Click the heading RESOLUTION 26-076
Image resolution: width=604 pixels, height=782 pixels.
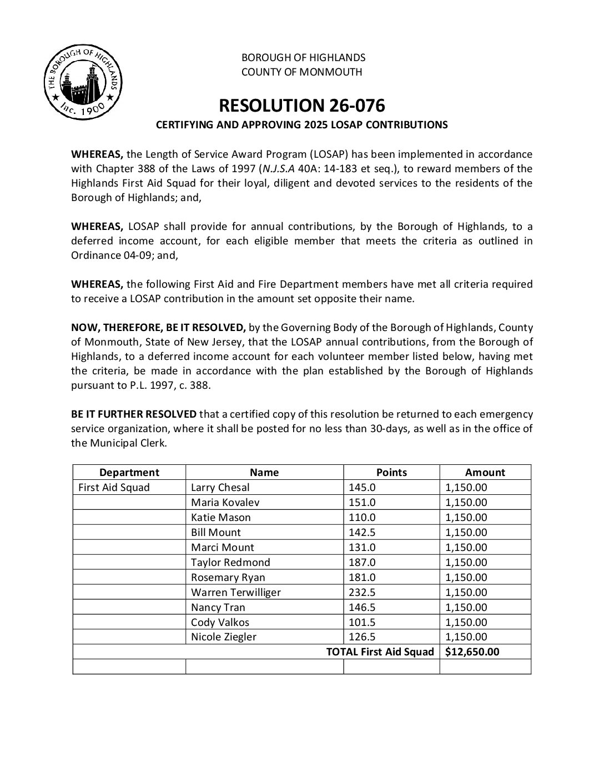click(x=302, y=106)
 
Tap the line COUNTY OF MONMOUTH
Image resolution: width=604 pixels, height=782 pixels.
click(x=302, y=72)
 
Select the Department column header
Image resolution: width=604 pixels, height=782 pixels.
click(x=129, y=473)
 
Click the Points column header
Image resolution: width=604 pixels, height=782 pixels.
click(x=391, y=473)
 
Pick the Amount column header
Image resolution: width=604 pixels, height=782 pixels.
click(x=485, y=473)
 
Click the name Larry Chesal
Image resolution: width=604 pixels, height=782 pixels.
click(x=220, y=488)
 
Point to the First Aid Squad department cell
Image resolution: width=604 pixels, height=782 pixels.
click(x=114, y=488)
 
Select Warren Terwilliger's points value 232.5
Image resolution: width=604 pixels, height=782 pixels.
click(x=362, y=593)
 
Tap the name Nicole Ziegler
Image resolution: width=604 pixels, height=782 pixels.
click(x=224, y=637)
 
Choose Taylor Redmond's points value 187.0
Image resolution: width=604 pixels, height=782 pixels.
click(x=362, y=563)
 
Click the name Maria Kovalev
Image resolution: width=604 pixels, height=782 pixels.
click(x=225, y=503)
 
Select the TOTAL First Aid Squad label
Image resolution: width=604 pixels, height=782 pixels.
click(x=380, y=652)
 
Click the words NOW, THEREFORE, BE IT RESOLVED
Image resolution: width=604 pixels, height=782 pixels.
click(x=158, y=327)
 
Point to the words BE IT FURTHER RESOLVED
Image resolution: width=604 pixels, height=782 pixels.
click(x=134, y=414)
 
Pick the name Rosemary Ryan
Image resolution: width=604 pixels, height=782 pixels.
click(x=228, y=578)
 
